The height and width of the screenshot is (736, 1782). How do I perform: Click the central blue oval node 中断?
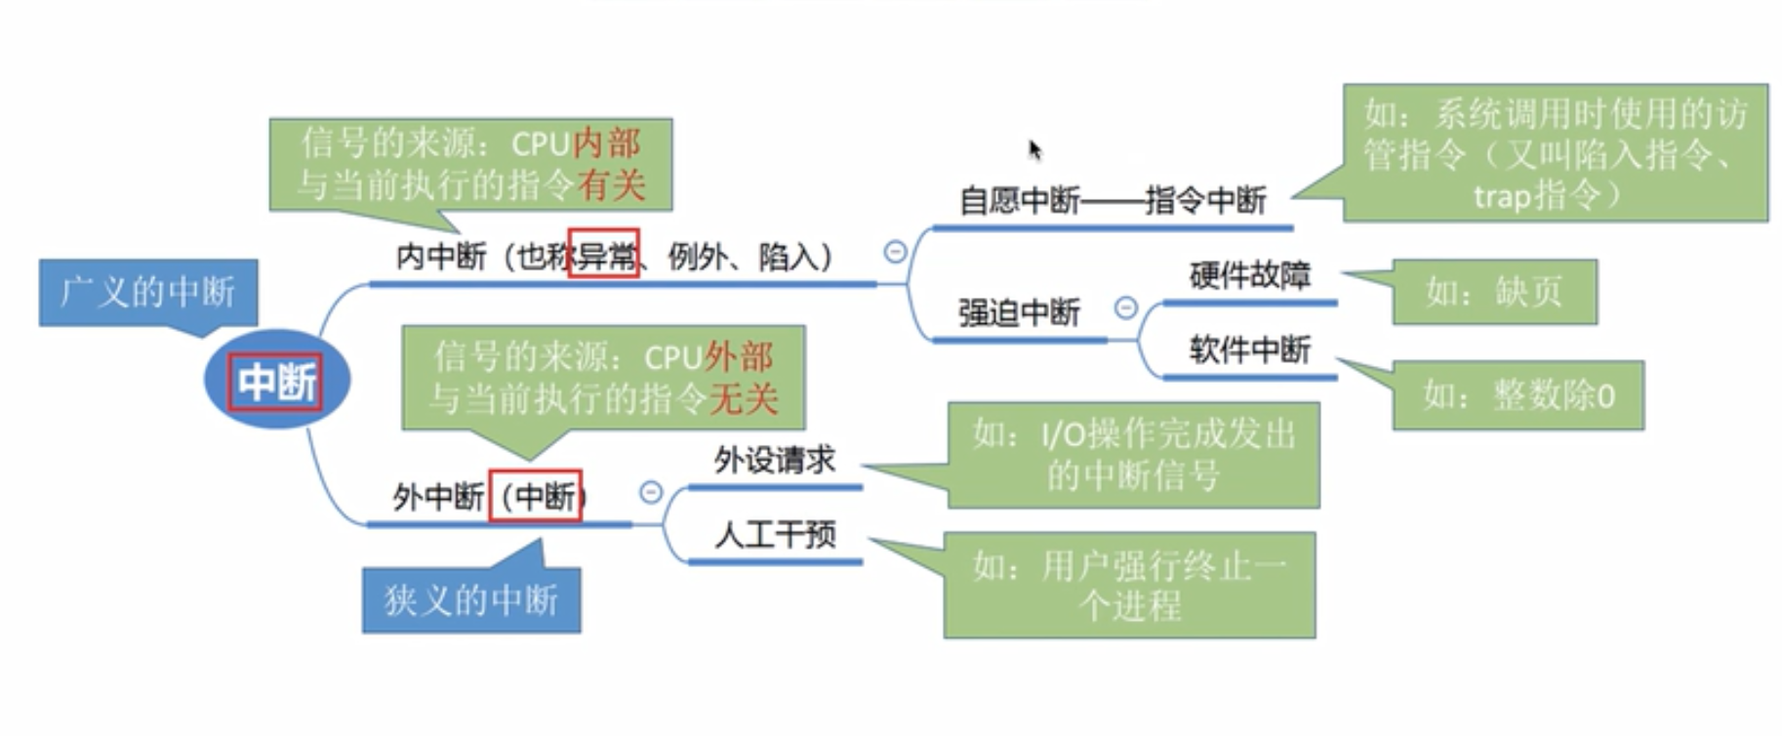[x=276, y=381]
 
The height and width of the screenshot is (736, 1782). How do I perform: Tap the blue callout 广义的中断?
[x=148, y=292]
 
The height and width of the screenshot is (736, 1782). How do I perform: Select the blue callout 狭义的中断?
[x=471, y=599]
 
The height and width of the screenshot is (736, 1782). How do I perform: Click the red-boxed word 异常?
[x=604, y=256]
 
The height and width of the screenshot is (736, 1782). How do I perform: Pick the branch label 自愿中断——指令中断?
[x=1113, y=200]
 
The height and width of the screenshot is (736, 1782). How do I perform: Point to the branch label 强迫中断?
[x=1019, y=312]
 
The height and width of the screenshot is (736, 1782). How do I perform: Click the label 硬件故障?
[x=1249, y=276]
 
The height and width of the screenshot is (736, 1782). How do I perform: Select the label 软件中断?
[x=1249, y=349]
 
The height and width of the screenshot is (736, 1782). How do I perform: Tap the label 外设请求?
[x=775, y=460]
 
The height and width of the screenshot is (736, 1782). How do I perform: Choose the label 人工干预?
[x=775, y=534]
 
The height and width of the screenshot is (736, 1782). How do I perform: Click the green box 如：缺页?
[x=1494, y=292]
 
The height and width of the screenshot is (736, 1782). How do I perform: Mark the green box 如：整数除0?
[x=1518, y=395]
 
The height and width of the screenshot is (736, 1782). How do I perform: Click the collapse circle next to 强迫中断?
[x=1126, y=308]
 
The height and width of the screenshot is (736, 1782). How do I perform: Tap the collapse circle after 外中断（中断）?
[x=651, y=492]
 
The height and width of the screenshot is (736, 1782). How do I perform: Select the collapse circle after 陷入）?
[x=895, y=252]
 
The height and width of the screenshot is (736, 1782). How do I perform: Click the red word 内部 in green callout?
[x=607, y=143]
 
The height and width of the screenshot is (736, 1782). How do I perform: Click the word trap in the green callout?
[x=1502, y=196]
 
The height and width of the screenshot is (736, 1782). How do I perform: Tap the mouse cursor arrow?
[x=1034, y=149]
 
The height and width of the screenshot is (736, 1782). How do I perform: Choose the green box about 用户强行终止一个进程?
[x=1129, y=585]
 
